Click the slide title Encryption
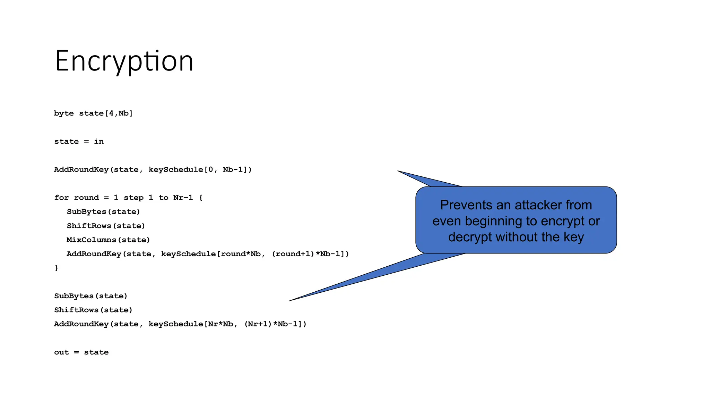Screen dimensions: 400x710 pos(124,61)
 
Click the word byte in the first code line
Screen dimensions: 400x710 pos(64,114)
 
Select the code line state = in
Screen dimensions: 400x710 pos(79,142)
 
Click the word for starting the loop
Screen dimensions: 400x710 pos(61,198)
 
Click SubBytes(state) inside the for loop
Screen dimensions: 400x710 pos(103,212)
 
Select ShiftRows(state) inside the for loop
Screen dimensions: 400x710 pos(106,226)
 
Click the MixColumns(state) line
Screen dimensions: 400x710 pos(108,240)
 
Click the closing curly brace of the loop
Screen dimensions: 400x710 pos(57,268)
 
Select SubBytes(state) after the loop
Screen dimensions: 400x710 pos(91,296)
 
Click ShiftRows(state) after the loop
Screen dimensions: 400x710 pos(93,310)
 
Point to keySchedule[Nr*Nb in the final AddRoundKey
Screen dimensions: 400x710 pos(191,324)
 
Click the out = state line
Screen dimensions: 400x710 pos(81,352)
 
